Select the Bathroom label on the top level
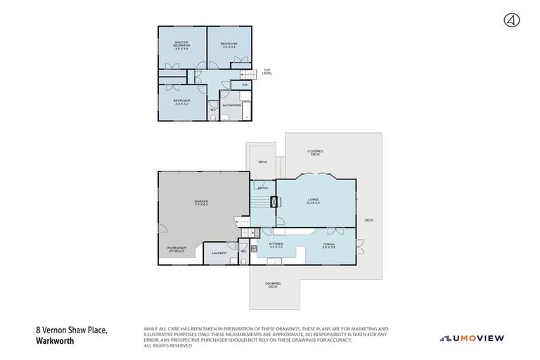(x=231, y=105)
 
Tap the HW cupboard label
(x=245, y=85)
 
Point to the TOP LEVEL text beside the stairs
(x=267, y=71)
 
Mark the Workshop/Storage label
(x=176, y=249)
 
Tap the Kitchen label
(x=276, y=245)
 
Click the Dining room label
(x=329, y=245)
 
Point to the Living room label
(x=313, y=201)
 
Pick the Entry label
(x=263, y=188)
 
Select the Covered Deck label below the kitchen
(x=272, y=285)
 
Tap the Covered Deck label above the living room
(x=314, y=153)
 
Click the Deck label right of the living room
(x=368, y=220)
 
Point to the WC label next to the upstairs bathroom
(x=212, y=109)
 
